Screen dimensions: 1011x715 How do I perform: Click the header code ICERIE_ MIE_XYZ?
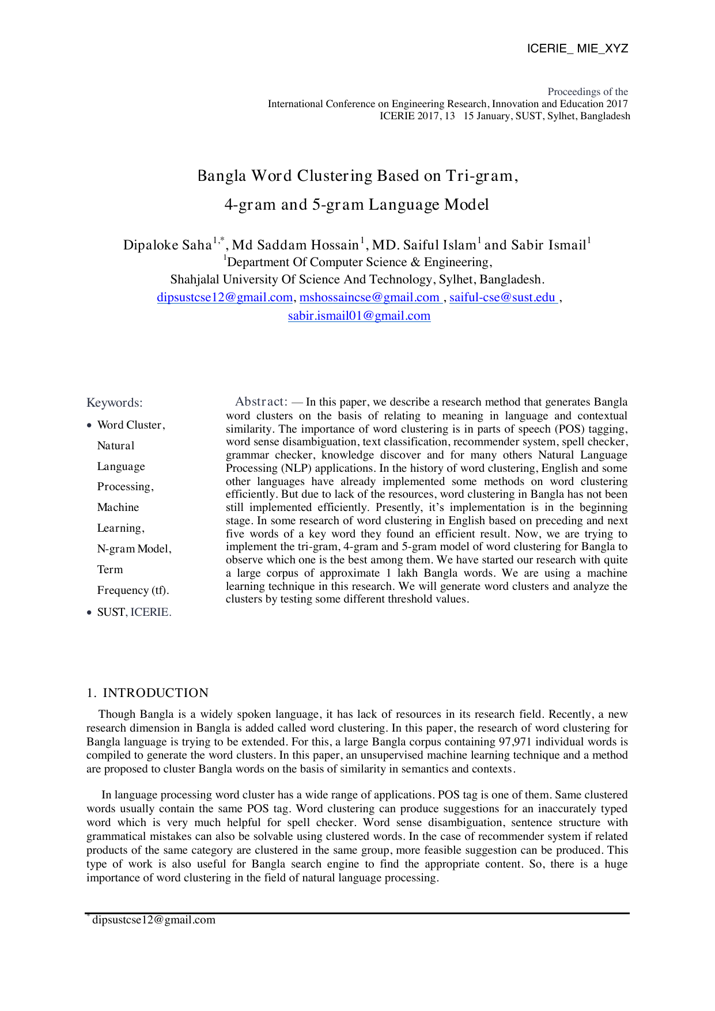pos(577,48)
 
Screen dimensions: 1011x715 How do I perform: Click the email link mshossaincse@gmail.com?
pos(369,297)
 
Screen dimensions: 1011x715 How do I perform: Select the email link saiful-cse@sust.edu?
pos(502,297)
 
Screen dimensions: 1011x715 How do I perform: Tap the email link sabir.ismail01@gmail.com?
pos(359,316)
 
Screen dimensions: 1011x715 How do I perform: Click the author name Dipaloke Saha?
pos(168,245)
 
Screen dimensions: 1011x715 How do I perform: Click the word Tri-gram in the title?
pos(479,176)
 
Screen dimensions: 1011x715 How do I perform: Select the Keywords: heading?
pos(114,403)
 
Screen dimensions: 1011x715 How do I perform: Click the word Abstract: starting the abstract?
pos(261,402)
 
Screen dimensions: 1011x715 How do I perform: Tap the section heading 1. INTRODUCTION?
pos(147,693)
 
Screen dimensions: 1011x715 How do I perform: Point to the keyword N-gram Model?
pos(134,549)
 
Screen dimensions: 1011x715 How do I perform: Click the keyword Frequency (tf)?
pos(133,590)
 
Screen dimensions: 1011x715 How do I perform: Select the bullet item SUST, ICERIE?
pos(134,612)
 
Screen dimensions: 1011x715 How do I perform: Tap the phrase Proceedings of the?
pos(587,92)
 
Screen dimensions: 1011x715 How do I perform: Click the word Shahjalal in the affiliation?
pos(194,280)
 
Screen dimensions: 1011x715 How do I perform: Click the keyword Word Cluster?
pos(131,425)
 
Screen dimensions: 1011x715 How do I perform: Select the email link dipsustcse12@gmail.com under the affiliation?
pos(225,297)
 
